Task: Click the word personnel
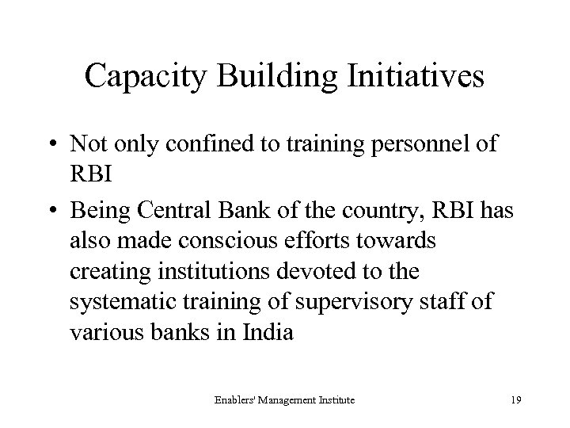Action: pyautogui.click(x=413, y=146)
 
